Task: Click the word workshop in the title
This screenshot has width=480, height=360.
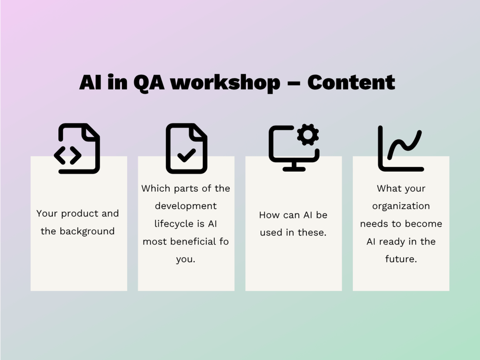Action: click(x=225, y=83)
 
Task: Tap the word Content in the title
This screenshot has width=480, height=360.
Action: click(x=351, y=82)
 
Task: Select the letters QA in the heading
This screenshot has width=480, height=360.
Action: click(x=149, y=83)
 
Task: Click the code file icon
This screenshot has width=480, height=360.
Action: click(x=77, y=149)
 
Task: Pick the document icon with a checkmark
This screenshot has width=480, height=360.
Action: click(x=186, y=149)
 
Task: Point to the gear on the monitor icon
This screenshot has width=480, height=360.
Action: click(x=308, y=135)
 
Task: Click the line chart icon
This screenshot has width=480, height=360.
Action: click(x=401, y=149)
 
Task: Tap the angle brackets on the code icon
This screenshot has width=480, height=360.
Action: click(x=68, y=156)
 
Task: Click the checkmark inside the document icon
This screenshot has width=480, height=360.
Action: click(x=186, y=156)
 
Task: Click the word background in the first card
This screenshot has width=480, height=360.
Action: click(x=87, y=231)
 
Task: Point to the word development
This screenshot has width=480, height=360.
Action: click(x=186, y=206)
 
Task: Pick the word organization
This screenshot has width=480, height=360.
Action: click(x=401, y=206)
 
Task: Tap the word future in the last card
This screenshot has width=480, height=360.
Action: click(x=401, y=259)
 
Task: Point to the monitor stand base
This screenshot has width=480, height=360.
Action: click(x=294, y=169)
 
